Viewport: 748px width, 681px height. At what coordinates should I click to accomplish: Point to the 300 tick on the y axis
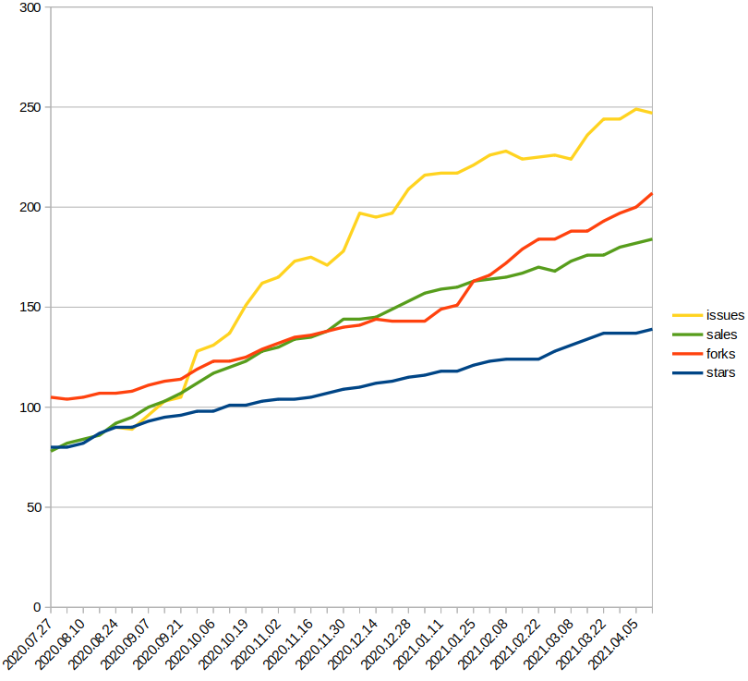[30, 7]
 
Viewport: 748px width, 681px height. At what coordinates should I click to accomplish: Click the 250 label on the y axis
[30, 107]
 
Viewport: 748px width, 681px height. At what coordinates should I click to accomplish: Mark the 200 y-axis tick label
[30, 207]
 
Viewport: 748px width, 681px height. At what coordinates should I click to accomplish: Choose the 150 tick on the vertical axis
[30, 307]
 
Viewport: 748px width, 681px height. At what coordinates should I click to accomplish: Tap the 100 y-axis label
[30, 407]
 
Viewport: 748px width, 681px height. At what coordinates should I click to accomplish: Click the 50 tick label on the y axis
[34, 506]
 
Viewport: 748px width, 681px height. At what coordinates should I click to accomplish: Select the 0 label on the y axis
[37, 607]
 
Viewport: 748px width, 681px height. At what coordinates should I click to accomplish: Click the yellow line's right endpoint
[652, 113]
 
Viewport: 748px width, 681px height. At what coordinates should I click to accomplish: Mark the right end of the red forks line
[652, 194]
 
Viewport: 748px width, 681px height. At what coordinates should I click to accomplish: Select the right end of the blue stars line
[652, 329]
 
